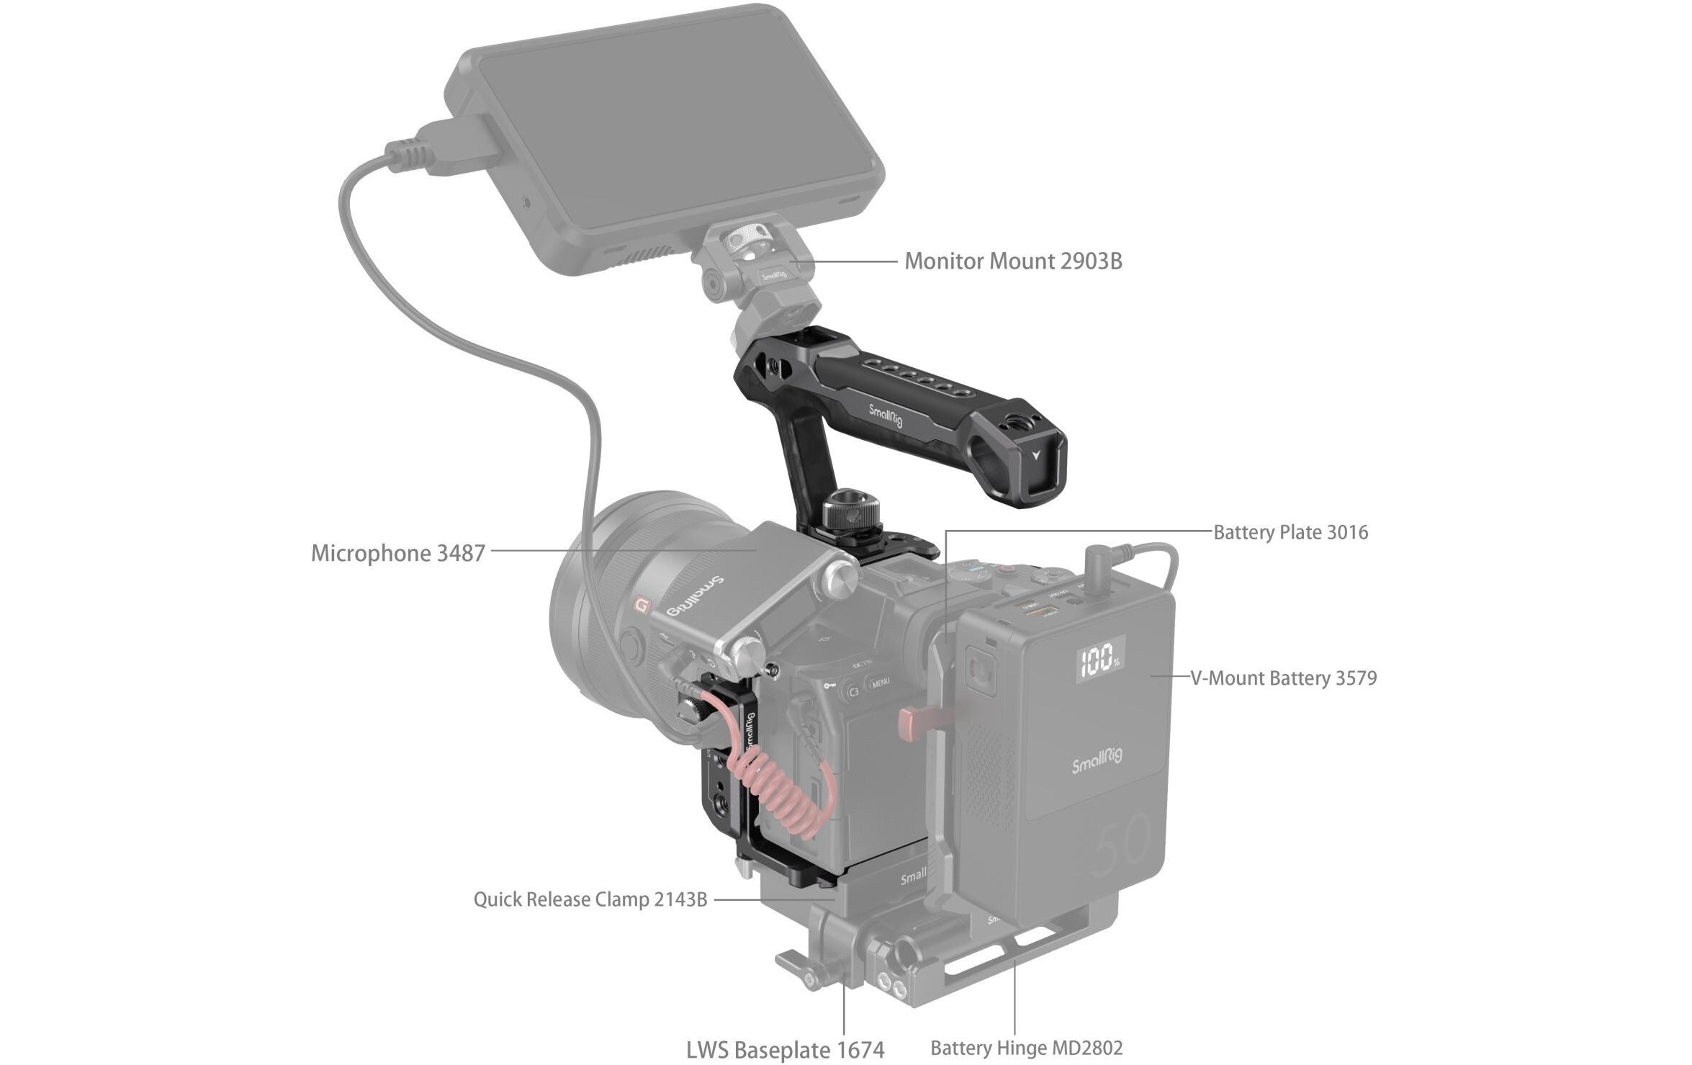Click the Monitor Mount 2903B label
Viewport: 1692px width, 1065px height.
tap(1013, 261)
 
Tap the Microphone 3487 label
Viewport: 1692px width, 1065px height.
tap(397, 553)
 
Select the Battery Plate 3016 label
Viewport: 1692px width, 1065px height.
tap(1290, 533)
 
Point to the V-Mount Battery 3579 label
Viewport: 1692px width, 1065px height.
tap(1283, 678)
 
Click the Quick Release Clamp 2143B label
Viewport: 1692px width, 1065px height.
tap(590, 899)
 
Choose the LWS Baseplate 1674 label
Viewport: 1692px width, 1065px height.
tap(785, 1050)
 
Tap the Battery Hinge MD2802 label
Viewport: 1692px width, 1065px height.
tap(1026, 1048)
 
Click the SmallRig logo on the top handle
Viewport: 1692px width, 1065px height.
tap(885, 416)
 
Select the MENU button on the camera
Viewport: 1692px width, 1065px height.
tap(880, 681)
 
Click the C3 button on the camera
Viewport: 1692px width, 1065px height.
tap(852, 692)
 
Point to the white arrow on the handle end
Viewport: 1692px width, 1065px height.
tap(1036, 455)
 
